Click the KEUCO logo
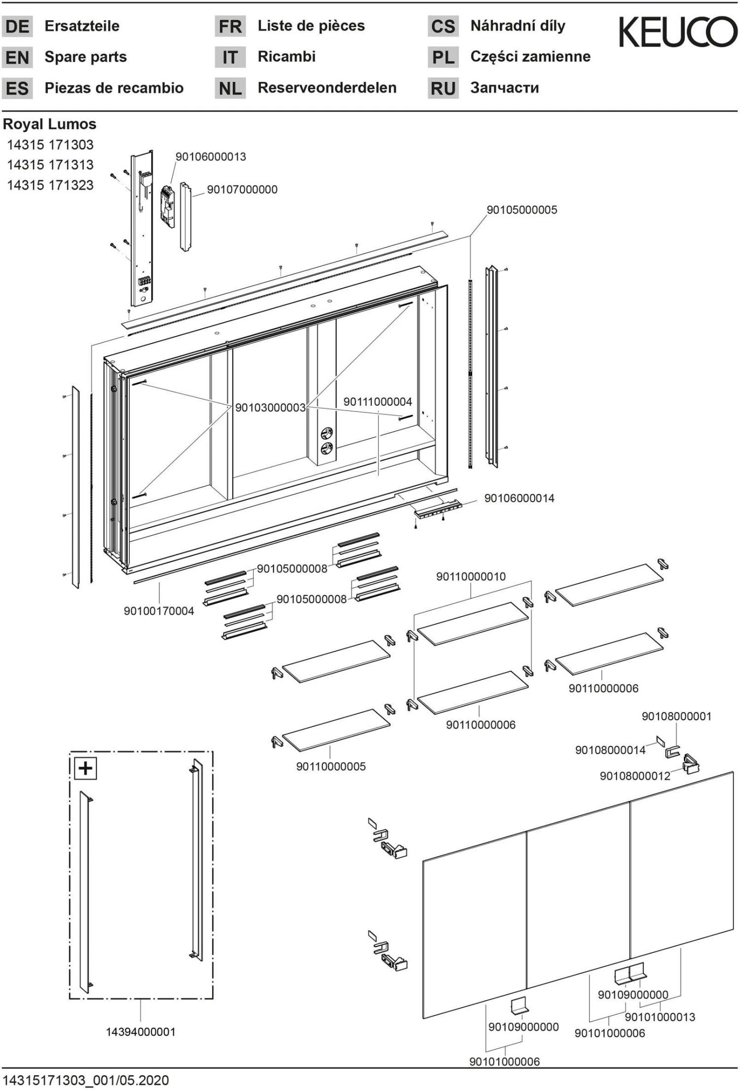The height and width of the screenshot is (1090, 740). point(678,32)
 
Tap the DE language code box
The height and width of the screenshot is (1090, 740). point(17,26)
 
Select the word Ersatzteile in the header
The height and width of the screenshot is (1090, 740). point(82,26)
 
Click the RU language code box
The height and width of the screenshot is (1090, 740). point(443,88)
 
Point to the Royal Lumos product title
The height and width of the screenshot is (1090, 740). point(49,124)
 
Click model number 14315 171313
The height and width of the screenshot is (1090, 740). point(50,165)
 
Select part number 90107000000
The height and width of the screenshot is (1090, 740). point(242,189)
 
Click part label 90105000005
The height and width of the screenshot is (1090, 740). point(521,210)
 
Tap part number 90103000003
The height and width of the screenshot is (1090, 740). point(270,408)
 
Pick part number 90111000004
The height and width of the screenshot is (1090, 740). point(377,402)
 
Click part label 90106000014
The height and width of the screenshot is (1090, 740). point(519,498)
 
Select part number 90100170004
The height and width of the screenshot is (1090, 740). point(159,611)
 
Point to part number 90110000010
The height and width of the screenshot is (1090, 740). point(471,576)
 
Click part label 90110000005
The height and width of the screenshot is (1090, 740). point(331,766)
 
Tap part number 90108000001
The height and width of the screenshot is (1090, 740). point(676,716)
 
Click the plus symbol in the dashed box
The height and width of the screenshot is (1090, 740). point(85,768)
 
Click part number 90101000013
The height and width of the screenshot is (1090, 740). point(660,1017)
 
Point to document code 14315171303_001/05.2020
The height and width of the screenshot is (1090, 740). point(86,1080)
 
